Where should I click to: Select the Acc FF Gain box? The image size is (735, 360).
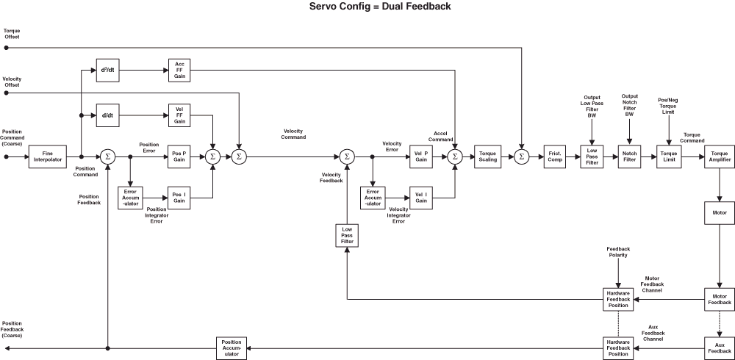coord(179,71)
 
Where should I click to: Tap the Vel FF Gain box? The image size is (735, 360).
coord(179,116)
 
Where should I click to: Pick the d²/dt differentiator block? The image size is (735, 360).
coord(108,71)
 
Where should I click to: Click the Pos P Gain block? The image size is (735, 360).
coord(179,156)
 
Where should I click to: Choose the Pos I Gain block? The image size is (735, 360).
coord(179,197)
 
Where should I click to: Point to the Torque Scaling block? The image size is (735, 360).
coord(487,156)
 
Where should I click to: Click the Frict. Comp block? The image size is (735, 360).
coord(555,156)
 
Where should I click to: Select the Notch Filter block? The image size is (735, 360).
coord(629,156)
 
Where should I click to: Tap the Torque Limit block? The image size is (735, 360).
coord(669,156)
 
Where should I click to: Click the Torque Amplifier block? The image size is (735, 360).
coord(720,156)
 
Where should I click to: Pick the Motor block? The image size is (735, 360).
coord(720,212)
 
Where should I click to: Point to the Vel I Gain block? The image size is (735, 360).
coord(421,197)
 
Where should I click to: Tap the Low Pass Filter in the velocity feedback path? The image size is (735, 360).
coord(346,235)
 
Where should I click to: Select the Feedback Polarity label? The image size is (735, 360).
coord(618,253)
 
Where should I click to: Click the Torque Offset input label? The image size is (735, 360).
coord(12,33)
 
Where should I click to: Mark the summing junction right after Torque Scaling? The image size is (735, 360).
coord(522,156)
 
